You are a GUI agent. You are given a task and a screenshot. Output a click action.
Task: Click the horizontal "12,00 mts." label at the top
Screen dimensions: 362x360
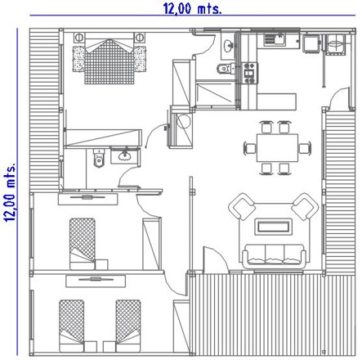pyautogui.click(x=192, y=8)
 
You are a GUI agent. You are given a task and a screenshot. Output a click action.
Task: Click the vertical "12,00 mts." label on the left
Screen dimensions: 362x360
pyautogui.click(x=10, y=192)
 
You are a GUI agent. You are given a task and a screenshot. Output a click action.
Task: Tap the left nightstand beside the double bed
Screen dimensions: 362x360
pyautogui.click(x=78, y=38)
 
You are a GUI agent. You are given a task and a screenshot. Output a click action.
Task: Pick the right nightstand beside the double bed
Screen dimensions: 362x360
pyautogui.click(x=140, y=38)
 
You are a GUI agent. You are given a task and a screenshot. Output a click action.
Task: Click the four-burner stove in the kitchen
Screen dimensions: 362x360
pyautogui.click(x=250, y=73)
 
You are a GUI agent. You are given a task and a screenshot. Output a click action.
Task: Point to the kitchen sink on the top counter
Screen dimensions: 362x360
pyautogui.click(x=275, y=39)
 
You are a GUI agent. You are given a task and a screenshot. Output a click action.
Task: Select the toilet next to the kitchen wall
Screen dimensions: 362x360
pyautogui.click(x=226, y=68)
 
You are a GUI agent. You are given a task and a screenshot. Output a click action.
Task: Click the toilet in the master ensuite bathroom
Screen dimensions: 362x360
pyautogui.click(x=99, y=158)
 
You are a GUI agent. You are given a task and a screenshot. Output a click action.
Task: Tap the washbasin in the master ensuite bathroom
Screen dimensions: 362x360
pyautogui.click(x=125, y=156)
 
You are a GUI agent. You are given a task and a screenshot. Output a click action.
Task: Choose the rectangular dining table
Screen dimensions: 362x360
pyautogui.click(x=277, y=147)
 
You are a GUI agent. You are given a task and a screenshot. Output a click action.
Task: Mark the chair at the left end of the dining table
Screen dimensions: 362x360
pyautogui.click(x=250, y=148)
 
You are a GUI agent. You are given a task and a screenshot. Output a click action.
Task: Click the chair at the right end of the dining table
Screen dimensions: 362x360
pyautogui.click(x=305, y=148)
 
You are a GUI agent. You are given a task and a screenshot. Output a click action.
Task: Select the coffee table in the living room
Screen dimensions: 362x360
pyautogui.click(x=274, y=227)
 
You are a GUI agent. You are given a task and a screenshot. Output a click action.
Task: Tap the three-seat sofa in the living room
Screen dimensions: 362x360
pyautogui.click(x=274, y=256)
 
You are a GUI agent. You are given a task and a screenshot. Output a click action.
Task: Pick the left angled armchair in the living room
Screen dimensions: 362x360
pyautogui.click(x=242, y=206)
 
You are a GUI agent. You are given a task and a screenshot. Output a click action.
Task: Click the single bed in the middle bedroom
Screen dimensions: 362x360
pyautogui.click(x=83, y=244)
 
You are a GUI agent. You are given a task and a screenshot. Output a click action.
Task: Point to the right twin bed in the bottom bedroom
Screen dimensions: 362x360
pyautogui.click(x=128, y=326)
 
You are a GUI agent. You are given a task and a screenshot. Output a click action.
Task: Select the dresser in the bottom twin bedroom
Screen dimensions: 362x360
pyautogui.click(x=96, y=281)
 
